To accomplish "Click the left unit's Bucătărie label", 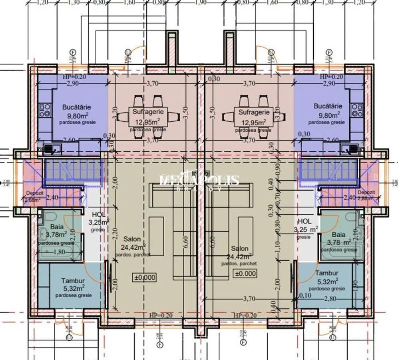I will click(x=76, y=107).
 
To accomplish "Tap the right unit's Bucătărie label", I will click(x=328, y=106).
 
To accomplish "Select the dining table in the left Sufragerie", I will click(x=148, y=117).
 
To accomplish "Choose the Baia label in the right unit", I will click(x=338, y=234).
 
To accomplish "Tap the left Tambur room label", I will click(x=73, y=281).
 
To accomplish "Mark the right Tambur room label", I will click(x=327, y=273).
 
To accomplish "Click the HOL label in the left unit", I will click(x=99, y=215).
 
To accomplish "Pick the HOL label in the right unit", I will click(x=304, y=221).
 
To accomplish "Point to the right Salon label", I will click(x=239, y=248).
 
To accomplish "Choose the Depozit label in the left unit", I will click(x=32, y=192).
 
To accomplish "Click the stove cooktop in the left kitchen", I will click(x=44, y=108).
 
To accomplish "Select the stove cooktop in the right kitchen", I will click(x=357, y=108).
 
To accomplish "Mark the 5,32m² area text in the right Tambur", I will click(x=327, y=281).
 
